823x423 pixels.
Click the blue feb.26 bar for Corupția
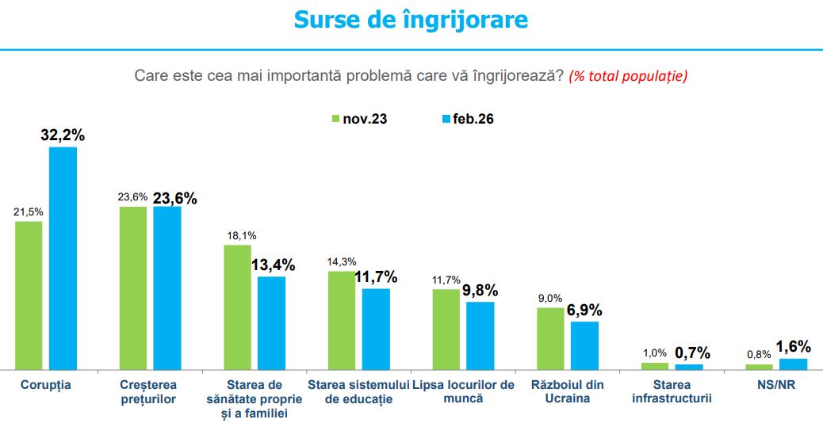(x=63, y=258)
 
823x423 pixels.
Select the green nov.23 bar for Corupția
(x=29, y=295)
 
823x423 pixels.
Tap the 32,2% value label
(x=63, y=135)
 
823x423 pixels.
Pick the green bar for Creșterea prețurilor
(x=133, y=288)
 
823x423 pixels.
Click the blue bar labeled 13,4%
(x=271, y=322)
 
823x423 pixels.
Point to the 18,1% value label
(x=237, y=235)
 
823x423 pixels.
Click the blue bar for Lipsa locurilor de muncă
(x=480, y=335)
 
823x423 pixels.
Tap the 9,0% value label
(x=550, y=298)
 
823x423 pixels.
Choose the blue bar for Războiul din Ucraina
(x=585, y=345)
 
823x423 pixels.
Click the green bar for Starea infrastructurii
(x=655, y=366)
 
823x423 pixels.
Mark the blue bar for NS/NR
(x=794, y=364)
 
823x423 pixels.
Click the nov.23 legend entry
(x=358, y=119)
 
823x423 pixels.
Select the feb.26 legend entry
(x=468, y=119)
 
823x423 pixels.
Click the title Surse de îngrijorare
(x=411, y=20)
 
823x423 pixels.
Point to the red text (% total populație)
(x=627, y=76)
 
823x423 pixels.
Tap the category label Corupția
(x=44, y=385)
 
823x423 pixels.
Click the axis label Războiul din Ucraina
(x=568, y=391)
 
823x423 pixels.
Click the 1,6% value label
(x=794, y=346)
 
